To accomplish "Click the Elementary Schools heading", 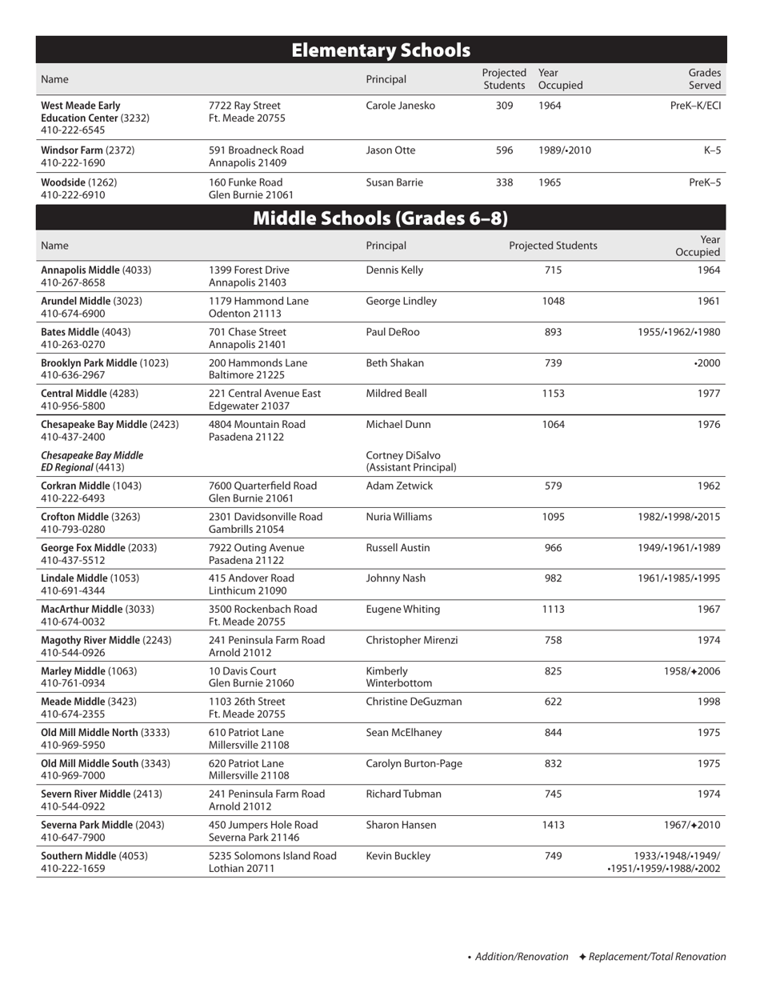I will [380, 50].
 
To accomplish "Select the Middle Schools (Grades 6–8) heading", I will [380, 218].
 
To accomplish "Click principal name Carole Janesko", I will [401, 105].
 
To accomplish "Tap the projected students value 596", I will [504, 150].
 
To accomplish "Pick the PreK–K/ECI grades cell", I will [694, 105].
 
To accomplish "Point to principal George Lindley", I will [402, 301].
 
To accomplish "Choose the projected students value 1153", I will [553, 393].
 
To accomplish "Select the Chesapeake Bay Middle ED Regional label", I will [86, 461].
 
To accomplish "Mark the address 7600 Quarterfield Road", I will [262, 486].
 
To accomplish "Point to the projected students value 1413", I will [553, 824].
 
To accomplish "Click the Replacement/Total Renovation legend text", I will [658, 957].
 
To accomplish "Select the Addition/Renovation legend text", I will [522, 957].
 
